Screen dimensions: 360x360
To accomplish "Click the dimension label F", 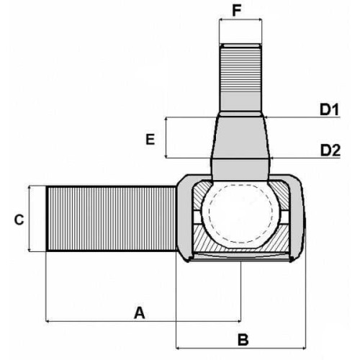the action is tap(237, 11).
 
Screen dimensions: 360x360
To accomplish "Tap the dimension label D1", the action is tap(329, 109).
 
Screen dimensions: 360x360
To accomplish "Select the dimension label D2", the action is tap(330, 150).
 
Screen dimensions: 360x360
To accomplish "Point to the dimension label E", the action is tap(150, 139).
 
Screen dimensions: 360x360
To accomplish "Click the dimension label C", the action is tap(19, 220).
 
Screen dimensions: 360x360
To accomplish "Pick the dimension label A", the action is tap(140, 312).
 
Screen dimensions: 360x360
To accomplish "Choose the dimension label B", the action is tap(243, 340).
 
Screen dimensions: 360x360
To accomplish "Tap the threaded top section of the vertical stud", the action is tap(240, 68).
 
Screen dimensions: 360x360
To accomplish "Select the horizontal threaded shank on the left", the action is tap(111, 219).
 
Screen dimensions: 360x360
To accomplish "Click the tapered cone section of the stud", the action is tap(240, 138).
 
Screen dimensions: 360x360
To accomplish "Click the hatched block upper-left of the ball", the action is tap(199, 195).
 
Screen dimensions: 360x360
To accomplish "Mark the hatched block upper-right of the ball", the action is tap(280, 194).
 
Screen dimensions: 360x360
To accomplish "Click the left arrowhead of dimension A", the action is tap(48, 321).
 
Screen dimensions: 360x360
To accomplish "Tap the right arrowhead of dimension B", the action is tap(304, 348).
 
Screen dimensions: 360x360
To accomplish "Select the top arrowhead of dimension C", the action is tap(30, 187).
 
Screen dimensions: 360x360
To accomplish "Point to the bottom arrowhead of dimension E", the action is tap(166, 156).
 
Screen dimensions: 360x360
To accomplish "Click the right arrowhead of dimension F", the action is tap(260, 20).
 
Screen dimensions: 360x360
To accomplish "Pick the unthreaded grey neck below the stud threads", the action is tap(240, 102).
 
